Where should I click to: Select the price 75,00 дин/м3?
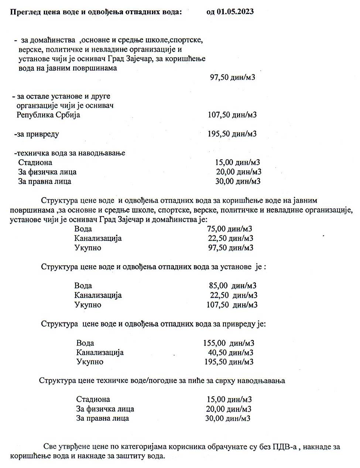click(230, 229)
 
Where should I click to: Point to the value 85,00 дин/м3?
click(233, 286)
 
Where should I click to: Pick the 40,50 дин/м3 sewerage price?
click(231, 352)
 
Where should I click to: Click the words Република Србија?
click(48, 115)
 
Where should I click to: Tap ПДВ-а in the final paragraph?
click(284, 447)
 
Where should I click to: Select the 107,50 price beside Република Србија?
click(232, 115)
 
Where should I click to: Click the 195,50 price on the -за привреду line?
click(232, 134)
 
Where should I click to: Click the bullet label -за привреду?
click(36, 134)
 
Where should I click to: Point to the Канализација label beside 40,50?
click(100, 352)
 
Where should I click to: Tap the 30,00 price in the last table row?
click(227, 418)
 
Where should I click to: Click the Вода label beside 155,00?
click(85, 343)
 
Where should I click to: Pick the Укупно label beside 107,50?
click(88, 305)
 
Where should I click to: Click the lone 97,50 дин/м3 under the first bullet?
click(232, 78)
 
